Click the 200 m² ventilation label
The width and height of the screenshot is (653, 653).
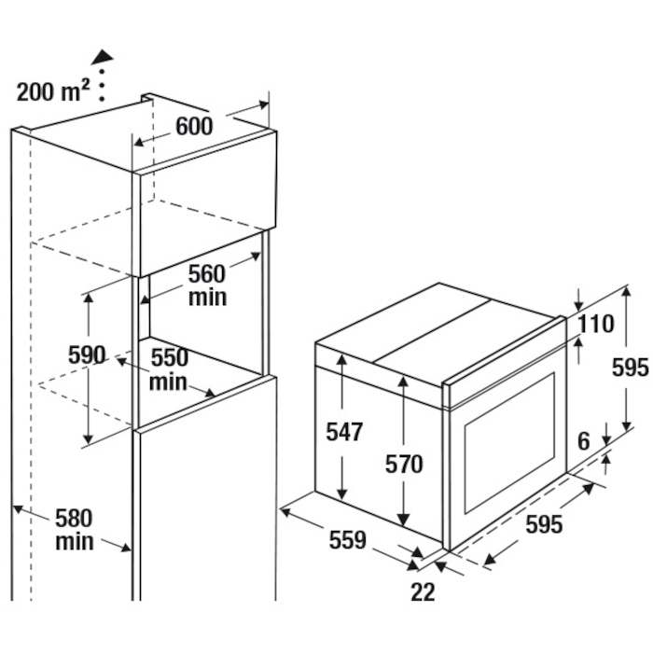click(53, 91)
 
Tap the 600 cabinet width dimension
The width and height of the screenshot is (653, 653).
click(194, 126)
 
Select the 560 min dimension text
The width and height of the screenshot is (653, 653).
click(207, 285)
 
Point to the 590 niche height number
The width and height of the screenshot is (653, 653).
click(87, 355)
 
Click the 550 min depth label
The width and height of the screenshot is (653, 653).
click(169, 369)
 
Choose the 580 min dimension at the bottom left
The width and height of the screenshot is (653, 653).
click(74, 530)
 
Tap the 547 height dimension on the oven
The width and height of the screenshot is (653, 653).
click(344, 431)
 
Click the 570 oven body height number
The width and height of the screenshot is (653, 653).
click(404, 464)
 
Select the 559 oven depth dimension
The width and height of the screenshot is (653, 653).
click(348, 540)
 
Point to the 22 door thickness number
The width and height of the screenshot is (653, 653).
click(423, 591)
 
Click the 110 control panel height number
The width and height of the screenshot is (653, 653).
click(596, 324)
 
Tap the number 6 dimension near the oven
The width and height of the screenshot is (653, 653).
click(584, 441)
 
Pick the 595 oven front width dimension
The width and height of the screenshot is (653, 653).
click(544, 524)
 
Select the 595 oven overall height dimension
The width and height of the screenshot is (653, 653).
click(630, 368)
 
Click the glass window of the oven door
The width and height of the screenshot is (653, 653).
click(509, 443)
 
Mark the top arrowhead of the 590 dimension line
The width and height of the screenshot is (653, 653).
click(89, 299)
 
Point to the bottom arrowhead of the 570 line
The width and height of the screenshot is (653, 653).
click(403, 519)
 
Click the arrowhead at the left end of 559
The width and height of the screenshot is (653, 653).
click(285, 510)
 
